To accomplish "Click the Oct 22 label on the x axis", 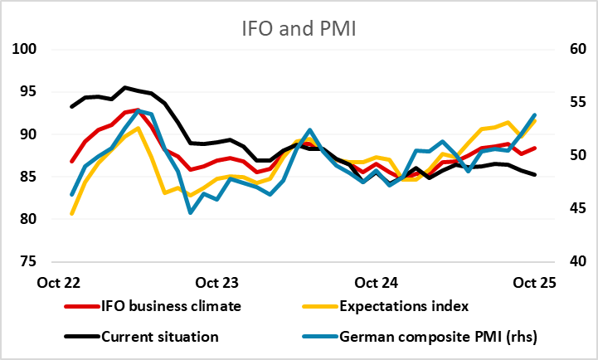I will tap(58, 282).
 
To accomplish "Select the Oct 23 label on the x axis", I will tap(218, 282).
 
